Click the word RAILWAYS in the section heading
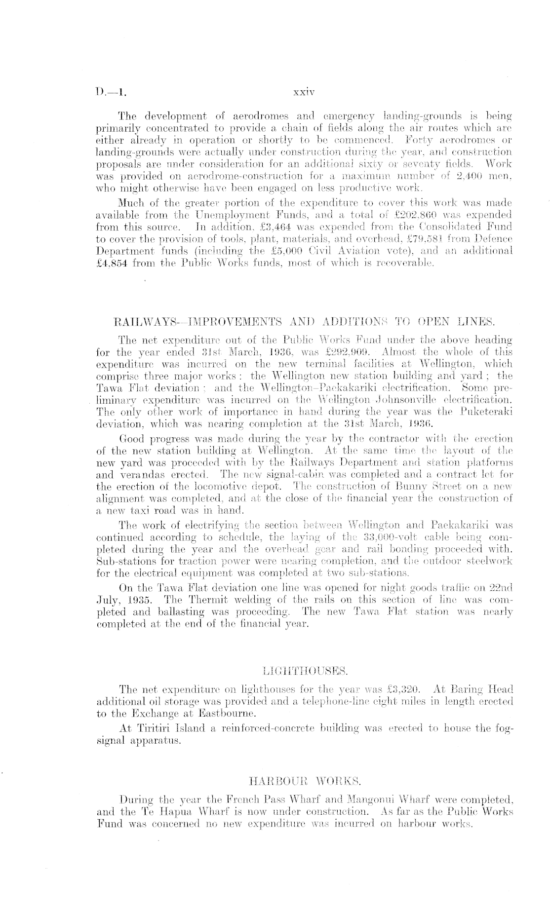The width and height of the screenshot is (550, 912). pyautogui.click(x=142, y=321)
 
